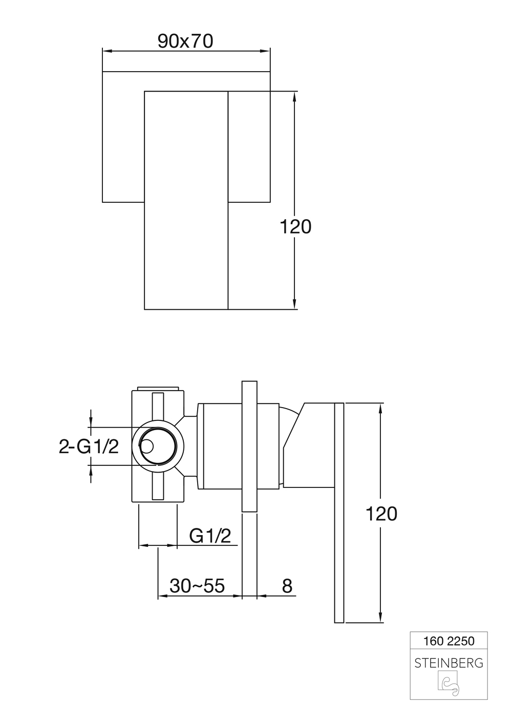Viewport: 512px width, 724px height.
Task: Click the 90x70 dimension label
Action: [x=185, y=41]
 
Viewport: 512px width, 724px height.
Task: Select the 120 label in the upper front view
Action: [x=295, y=226]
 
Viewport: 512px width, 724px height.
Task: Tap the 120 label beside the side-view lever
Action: [x=381, y=514]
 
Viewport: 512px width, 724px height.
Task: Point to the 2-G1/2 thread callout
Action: [x=89, y=446]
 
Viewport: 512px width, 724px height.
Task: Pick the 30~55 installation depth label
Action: [x=197, y=586]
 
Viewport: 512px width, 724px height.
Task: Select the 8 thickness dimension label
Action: [x=287, y=586]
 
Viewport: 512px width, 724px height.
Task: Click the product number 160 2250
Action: [x=449, y=641]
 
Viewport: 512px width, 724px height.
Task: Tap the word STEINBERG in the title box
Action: [x=449, y=663]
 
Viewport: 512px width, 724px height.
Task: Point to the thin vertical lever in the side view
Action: [x=339, y=513]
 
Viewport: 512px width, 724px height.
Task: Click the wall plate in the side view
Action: [x=249, y=446]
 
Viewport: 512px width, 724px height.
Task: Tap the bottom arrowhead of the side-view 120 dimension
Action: [x=380, y=618]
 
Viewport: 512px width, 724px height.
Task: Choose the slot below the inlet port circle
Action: [x=158, y=484]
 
